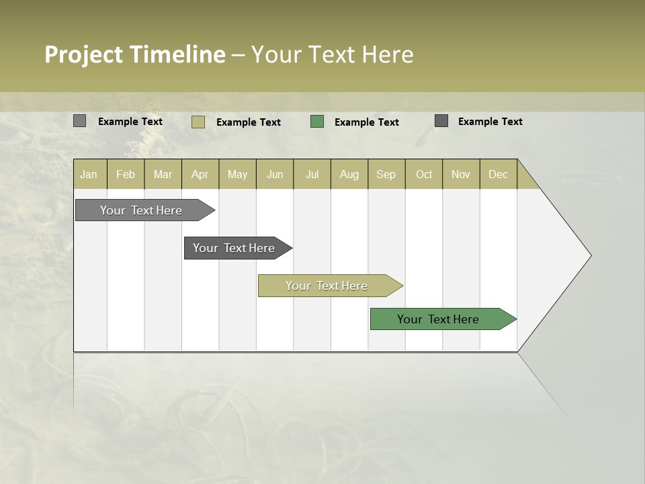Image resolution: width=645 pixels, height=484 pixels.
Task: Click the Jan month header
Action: pos(89,175)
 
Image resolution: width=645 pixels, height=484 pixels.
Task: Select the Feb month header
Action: pos(126,175)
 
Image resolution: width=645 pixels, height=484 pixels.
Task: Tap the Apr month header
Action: pos(200,175)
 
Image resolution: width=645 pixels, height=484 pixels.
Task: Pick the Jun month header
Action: pos(275,175)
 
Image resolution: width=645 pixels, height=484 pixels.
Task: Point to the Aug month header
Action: pos(349,175)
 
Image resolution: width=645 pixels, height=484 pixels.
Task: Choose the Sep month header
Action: pos(386,175)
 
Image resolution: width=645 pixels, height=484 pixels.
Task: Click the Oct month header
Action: pos(424,175)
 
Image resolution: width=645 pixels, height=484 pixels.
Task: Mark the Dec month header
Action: pos(498,175)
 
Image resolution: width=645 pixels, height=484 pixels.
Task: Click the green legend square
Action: pos(317,122)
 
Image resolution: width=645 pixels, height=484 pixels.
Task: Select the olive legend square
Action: pos(198,122)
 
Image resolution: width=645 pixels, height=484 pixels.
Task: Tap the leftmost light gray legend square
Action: pos(80,121)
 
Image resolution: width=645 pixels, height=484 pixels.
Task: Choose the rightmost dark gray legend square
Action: pos(441,121)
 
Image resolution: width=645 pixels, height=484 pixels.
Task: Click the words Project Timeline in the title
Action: pos(134,54)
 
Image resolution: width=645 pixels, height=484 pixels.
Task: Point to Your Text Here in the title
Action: pos(332,54)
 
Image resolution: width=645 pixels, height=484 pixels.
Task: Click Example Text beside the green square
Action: pos(367,122)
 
